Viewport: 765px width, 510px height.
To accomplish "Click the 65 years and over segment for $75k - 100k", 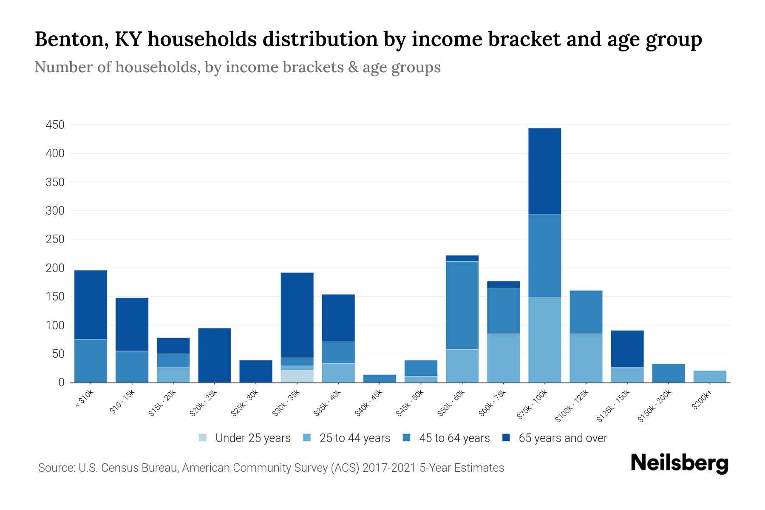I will (x=544, y=171).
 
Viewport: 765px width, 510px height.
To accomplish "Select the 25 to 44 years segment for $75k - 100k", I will (x=544, y=340).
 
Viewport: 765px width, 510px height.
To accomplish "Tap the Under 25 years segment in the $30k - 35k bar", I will (x=297, y=376).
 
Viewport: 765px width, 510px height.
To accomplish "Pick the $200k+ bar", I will (x=709, y=377).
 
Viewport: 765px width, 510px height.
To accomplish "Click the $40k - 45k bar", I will (x=380, y=378).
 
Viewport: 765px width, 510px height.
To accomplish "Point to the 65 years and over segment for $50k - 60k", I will (x=462, y=258).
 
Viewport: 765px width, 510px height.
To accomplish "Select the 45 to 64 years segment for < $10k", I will (x=91, y=361).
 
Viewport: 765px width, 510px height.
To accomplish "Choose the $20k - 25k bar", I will (x=215, y=355).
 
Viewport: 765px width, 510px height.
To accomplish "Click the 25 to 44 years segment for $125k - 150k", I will (x=627, y=374).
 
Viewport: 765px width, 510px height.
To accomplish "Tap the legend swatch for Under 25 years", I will (x=203, y=438).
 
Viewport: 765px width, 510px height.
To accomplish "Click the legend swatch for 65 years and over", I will (x=506, y=438).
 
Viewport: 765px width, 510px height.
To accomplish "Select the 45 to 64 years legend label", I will (x=454, y=438).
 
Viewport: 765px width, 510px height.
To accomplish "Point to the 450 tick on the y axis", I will (x=55, y=125).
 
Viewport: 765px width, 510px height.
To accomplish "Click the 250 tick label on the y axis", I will (x=55, y=239).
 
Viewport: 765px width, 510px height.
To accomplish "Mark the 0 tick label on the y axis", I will (x=61, y=382).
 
